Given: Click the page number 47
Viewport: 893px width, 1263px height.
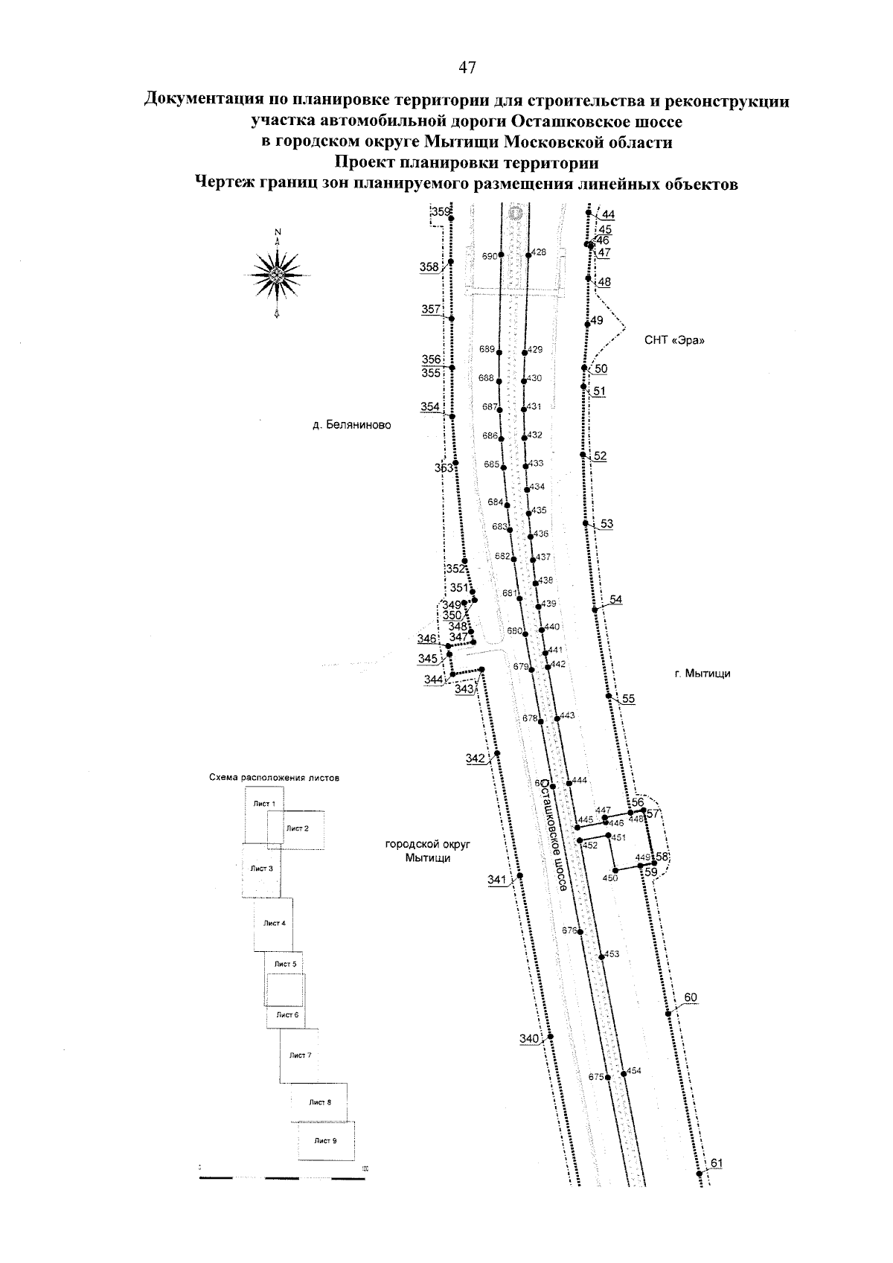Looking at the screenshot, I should [467, 68].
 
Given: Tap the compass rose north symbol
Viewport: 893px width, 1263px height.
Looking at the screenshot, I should [278, 275].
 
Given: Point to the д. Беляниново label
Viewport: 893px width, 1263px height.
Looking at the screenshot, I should [351, 426].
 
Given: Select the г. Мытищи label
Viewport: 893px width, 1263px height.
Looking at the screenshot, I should [702, 674].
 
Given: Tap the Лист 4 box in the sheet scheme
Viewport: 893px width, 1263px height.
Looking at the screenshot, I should [274, 924].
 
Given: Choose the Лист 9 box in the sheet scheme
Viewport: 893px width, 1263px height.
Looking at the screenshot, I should [325, 1140].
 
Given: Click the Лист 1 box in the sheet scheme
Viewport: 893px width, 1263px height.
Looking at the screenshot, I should [263, 804].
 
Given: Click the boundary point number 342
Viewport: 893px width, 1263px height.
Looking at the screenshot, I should [476, 758].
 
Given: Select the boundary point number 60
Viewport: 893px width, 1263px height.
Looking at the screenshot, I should [691, 997].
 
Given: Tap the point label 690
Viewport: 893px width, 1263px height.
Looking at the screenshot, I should [489, 256].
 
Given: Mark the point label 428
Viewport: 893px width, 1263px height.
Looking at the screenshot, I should [540, 252].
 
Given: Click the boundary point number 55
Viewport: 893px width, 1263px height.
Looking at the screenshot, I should [629, 699].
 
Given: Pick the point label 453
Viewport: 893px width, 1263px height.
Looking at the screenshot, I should [612, 953].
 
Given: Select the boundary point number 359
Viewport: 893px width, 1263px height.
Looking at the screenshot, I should [441, 212].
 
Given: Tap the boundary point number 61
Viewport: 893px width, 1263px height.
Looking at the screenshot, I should [717, 1163].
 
